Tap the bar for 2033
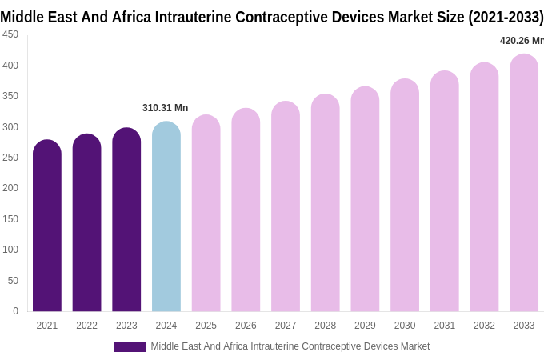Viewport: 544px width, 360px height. [x=524, y=183]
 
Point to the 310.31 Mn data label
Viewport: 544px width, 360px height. [x=165, y=108]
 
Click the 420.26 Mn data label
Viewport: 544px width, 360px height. [x=521, y=41]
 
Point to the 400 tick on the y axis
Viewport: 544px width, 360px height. [x=10, y=66]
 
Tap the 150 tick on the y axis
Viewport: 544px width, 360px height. [x=10, y=219]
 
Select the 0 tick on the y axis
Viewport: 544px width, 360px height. [x=15, y=311]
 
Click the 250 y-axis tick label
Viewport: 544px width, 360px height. [x=10, y=158]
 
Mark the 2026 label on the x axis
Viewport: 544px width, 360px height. [x=246, y=326]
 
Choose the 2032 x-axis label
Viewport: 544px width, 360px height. [x=484, y=326]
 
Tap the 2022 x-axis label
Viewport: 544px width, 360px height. [x=86, y=326]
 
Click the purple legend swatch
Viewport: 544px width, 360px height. [x=130, y=346]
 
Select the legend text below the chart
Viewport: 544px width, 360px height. [x=290, y=346]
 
